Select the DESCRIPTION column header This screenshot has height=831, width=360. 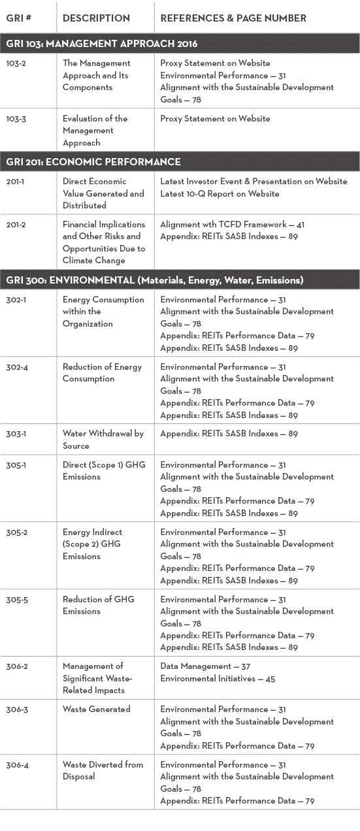95,18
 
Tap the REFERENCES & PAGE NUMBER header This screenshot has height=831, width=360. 233,18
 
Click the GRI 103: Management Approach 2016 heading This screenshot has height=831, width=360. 102,44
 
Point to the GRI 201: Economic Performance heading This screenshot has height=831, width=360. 93,162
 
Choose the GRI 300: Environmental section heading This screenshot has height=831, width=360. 154,280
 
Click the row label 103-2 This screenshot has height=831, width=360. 17,63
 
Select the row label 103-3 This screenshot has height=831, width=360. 17,119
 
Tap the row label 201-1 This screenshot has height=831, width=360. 16,182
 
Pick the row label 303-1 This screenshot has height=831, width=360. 17,434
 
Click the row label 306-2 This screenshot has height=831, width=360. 17,666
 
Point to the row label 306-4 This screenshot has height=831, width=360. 17,765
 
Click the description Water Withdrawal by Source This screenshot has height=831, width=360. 103,440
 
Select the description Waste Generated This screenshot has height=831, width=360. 97,709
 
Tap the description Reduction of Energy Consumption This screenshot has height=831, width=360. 102,372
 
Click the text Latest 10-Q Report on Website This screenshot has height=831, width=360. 220,193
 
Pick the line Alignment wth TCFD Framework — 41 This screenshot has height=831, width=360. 232,224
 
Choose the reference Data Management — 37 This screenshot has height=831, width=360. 205,666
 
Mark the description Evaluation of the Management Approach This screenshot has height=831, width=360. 95,131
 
